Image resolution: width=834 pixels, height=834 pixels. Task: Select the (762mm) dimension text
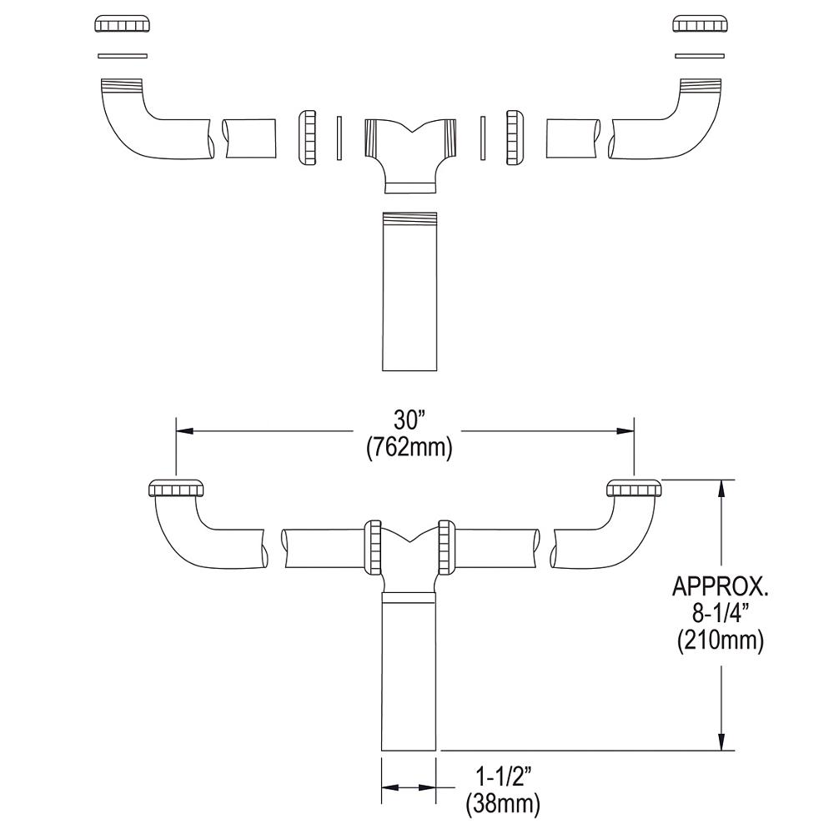tap(409, 448)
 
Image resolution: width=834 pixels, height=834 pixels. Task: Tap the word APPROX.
tap(720, 587)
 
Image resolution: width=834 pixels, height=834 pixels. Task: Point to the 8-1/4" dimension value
tap(720, 615)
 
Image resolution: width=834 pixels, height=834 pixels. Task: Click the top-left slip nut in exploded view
tap(124, 24)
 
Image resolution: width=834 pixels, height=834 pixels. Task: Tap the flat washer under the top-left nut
tap(123, 56)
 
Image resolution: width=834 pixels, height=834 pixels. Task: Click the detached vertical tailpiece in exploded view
tap(409, 292)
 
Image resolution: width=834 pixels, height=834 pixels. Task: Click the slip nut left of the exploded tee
tap(307, 136)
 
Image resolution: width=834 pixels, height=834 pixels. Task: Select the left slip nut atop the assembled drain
tap(178, 489)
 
